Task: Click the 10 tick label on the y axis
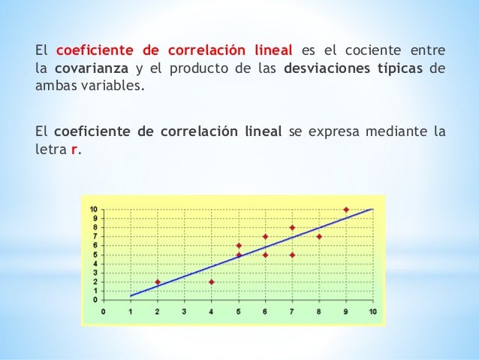93,209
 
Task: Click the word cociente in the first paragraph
370,51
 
